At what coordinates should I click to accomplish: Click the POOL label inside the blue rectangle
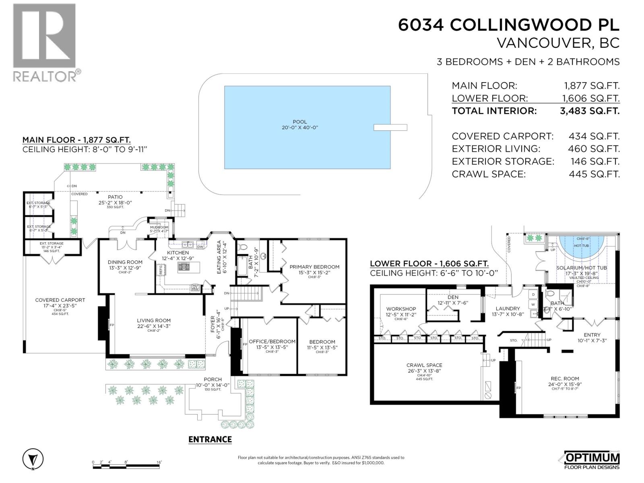pos(299,122)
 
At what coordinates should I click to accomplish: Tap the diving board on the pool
pos(390,128)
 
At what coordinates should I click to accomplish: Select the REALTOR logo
pos(45,43)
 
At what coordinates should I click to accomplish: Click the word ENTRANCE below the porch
pos(210,440)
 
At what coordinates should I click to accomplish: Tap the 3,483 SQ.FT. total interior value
pos(589,111)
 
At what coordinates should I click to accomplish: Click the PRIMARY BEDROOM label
pos(314,267)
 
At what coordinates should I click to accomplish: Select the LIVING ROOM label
pos(153,321)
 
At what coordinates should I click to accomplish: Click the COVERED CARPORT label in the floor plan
pos(60,300)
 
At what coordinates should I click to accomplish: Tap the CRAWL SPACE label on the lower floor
pos(424,365)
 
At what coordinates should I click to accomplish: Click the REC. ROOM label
pos(565,379)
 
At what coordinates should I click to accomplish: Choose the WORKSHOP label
pos(401,309)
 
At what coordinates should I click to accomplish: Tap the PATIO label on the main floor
pos(115,197)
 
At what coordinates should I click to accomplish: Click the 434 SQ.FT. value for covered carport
pos(594,136)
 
